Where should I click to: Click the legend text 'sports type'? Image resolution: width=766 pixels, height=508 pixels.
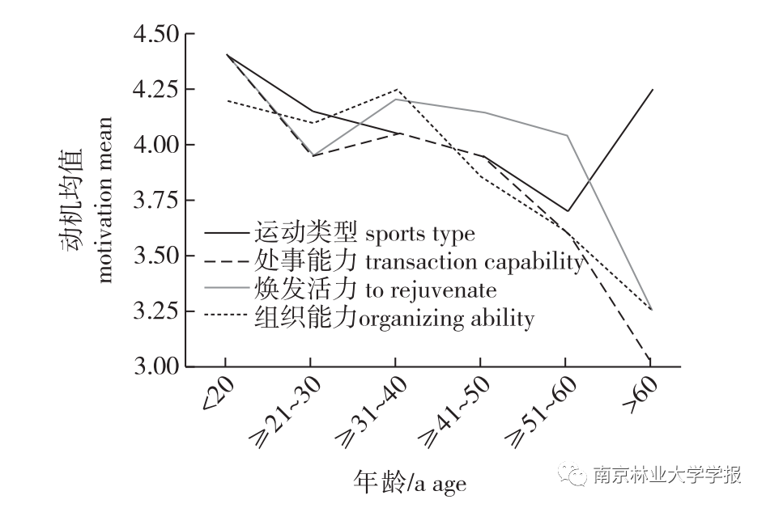(x=420, y=235)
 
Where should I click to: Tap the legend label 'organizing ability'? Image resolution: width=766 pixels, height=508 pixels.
(x=445, y=318)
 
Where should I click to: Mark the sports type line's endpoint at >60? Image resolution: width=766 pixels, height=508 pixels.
(x=651, y=90)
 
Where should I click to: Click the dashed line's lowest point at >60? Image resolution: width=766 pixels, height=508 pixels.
(x=650, y=361)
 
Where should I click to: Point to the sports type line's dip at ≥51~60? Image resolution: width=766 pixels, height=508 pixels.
(x=567, y=211)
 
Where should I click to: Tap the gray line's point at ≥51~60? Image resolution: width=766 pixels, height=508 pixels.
(x=567, y=135)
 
